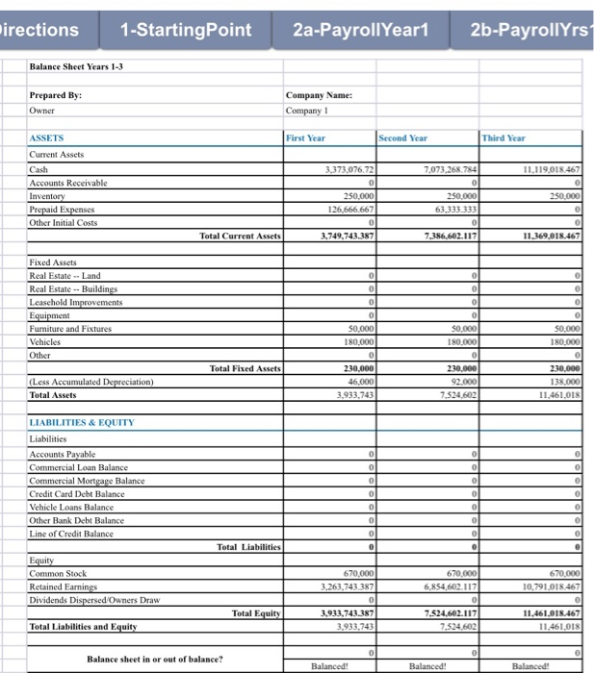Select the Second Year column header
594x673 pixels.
point(404,138)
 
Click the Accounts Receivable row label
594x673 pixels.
point(68,182)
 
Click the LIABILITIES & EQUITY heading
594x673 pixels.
point(82,422)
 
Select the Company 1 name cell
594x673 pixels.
point(309,112)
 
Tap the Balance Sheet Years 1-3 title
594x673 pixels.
point(75,66)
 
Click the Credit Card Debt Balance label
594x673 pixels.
point(77,493)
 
